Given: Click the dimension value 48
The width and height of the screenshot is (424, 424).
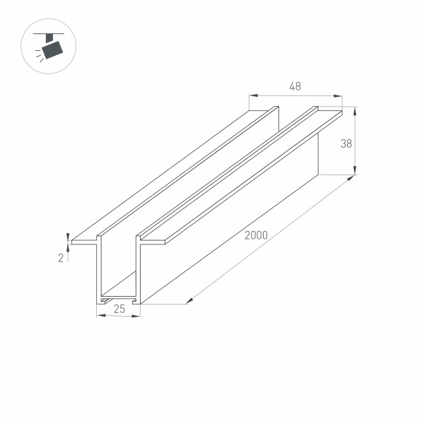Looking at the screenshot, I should (295, 87).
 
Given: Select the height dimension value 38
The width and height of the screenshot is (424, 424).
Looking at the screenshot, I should (346, 143).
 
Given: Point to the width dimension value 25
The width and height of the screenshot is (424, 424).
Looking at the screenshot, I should (118, 308).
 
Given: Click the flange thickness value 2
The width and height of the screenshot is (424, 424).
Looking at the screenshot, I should (61, 258).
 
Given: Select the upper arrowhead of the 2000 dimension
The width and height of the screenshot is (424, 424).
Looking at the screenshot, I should (350, 180).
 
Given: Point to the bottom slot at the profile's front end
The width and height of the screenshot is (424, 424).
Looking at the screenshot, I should (117, 298).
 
